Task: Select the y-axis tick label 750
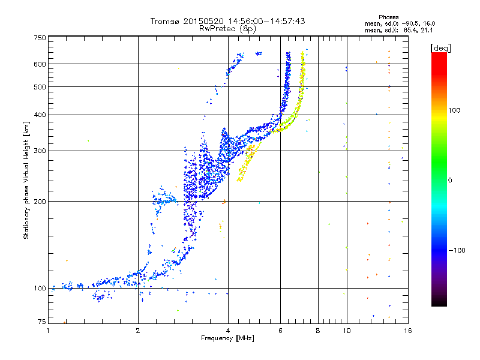click(x=40, y=38)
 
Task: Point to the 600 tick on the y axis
click(x=40, y=64)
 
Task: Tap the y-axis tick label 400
click(x=40, y=115)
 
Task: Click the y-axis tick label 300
click(x=40, y=151)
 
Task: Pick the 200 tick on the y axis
click(x=40, y=201)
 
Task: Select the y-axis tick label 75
click(x=41, y=323)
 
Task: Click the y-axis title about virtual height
click(x=26, y=181)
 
